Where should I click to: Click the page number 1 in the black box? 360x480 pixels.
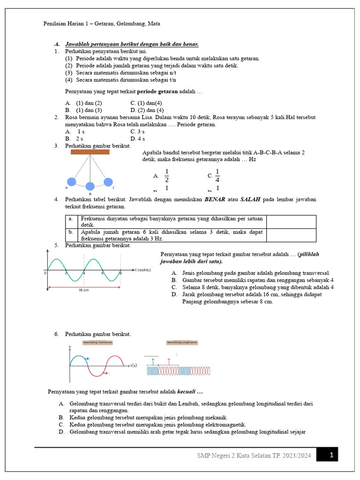[x=331, y=454]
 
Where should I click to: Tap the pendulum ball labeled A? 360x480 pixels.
[x=71, y=182]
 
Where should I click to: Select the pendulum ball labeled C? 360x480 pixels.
[x=108, y=181]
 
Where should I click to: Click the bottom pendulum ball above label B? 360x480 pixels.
[x=90, y=186]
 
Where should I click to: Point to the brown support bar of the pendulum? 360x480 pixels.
[x=90, y=152]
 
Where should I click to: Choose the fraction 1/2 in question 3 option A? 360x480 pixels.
[x=166, y=176]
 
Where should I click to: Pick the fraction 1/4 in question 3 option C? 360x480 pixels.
[x=217, y=176]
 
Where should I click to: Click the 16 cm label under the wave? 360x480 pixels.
[x=84, y=290]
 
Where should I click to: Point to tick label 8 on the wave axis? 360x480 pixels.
[x=120, y=273]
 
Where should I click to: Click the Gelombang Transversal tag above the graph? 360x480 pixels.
[x=98, y=343]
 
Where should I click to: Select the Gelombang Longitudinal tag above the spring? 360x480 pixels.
[x=182, y=343]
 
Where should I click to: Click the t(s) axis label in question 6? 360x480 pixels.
[x=134, y=365]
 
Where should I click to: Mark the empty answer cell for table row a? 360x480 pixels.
[x=291, y=222]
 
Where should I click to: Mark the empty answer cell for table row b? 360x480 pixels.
[x=291, y=235]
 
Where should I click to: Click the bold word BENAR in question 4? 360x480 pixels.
[x=215, y=199]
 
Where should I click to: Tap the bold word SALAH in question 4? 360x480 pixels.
[x=250, y=199]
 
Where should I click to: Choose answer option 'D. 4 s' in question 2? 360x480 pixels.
[x=138, y=139]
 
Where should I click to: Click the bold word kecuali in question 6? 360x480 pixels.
[x=187, y=391]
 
